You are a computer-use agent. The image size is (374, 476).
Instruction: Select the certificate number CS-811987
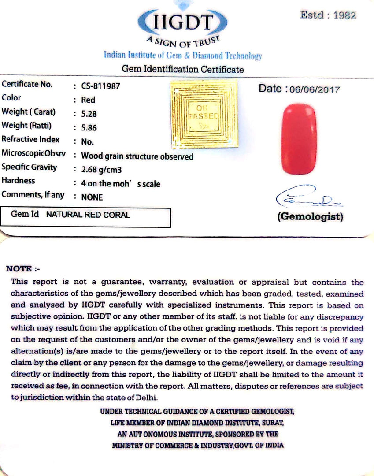pos(101,86)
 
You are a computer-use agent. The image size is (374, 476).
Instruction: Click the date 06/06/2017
pos(315,89)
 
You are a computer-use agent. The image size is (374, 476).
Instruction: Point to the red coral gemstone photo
pos(299,138)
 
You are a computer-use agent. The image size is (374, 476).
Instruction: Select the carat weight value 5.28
pos(89,114)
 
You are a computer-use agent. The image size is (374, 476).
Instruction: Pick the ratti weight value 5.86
pos(89,128)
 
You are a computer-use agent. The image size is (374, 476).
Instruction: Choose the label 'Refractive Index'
pos(31,139)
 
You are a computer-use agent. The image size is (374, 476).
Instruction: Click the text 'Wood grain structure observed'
pos(137,156)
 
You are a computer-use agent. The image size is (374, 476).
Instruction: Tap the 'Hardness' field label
pos(19,181)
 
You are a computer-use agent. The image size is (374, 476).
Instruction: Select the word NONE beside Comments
pos(92,197)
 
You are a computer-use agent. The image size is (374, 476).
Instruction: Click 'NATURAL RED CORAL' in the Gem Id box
pos(88,215)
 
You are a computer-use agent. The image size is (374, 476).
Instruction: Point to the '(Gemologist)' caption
pos(310,217)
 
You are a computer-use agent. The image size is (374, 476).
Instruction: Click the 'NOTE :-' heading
pos(22,269)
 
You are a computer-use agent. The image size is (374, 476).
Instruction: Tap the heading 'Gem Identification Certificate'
pos(182,69)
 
